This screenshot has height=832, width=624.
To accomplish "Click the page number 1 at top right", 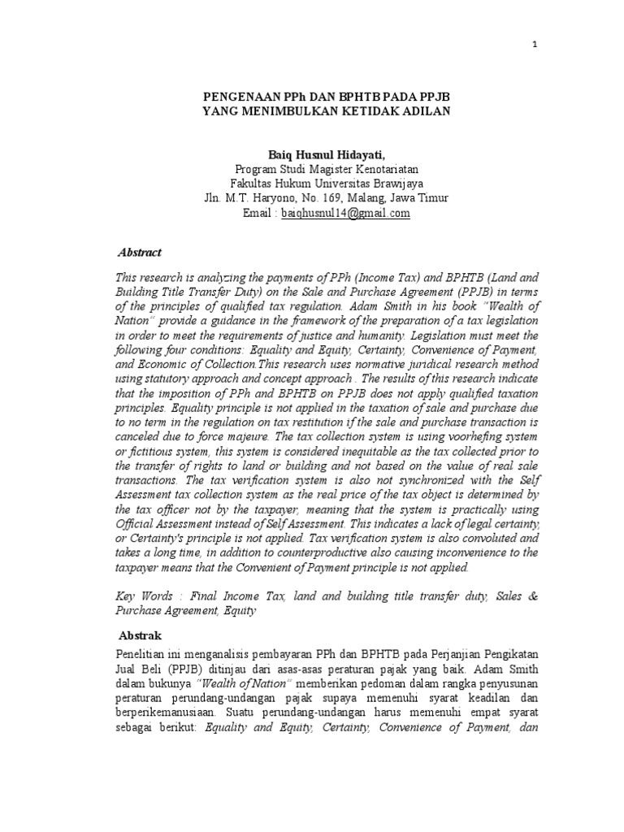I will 535,45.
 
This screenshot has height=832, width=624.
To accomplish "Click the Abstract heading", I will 140,253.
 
